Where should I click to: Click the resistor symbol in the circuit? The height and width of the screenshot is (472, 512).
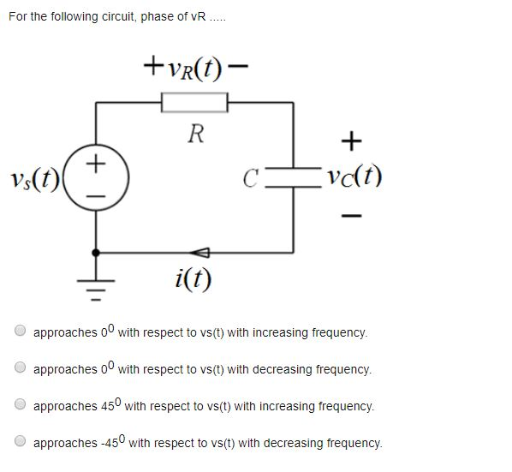point(195,103)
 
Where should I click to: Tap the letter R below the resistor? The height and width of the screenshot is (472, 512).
point(196,134)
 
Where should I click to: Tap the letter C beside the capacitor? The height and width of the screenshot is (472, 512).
point(251,179)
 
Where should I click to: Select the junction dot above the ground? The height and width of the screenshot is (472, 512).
point(96,253)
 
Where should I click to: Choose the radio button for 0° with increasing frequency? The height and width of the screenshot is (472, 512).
point(20,331)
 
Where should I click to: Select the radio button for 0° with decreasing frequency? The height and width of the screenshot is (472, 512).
point(20,368)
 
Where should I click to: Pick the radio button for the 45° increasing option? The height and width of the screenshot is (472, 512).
point(20,405)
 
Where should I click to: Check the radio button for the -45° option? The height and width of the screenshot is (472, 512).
point(20,442)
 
